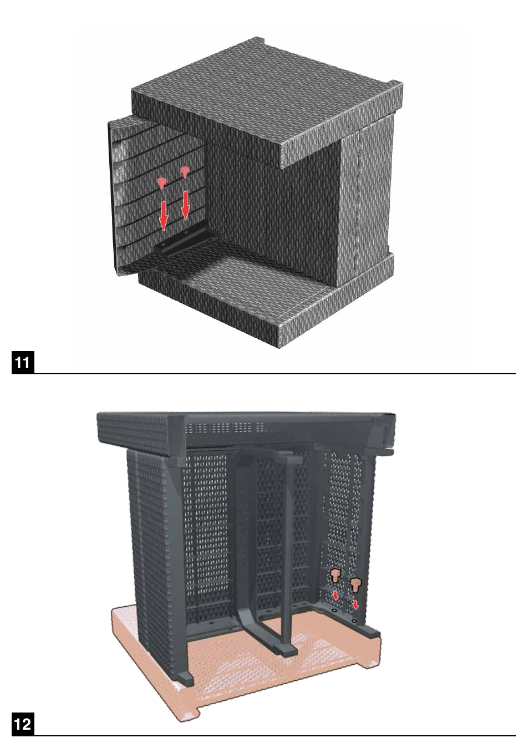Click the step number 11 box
[23, 363]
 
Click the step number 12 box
[23, 724]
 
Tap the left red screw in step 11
[161, 182]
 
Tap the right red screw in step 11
[185, 172]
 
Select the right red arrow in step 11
[186, 205]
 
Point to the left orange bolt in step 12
[335, 575]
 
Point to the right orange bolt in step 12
[355, 583]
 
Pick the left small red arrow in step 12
[335, 596]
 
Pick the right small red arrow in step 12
[355, 604]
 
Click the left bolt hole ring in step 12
[334, 610]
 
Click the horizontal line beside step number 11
[277, 374]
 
